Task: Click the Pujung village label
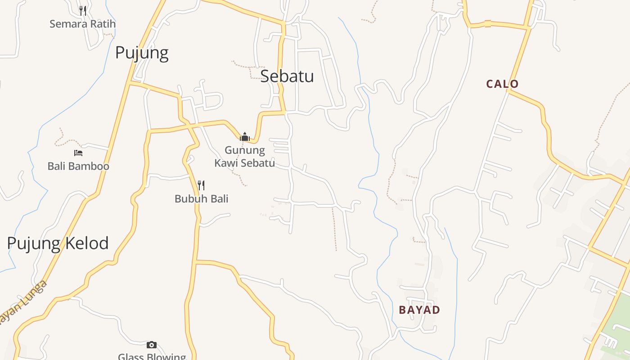coord(142,53)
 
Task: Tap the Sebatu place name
coord(287,76)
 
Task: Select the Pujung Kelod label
coord(58,243)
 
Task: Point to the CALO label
coord(502,84)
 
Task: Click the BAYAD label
coord(419,310)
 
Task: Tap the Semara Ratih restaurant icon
coord(83,10)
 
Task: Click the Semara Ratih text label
coord(82,24)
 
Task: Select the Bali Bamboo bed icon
coord(78,153)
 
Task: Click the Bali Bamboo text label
coord(78,166)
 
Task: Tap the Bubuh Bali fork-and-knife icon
coord(201,185)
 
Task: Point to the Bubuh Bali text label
coord(201,198)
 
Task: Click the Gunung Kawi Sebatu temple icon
coord(245,136)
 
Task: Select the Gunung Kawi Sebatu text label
coord(245,156)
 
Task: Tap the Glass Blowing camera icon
coord(152,345)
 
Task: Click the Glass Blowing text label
coord(152,356)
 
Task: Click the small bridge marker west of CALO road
coord(488,24)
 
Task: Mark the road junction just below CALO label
coord(508,91)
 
